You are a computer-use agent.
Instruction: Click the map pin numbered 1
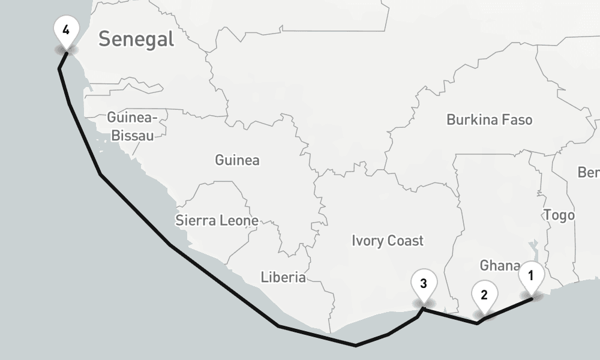[531, 276]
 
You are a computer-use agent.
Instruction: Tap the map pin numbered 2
[484, 294]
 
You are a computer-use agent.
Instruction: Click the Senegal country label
[136, 40]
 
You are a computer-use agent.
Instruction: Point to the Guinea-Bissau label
[133, 126]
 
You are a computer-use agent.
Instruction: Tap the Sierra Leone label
[217, 220]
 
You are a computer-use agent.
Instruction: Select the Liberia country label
[283, 277]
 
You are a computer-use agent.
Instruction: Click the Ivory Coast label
[388, 241]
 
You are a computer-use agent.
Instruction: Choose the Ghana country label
[499, 265]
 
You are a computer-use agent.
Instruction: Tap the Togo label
[559, 215]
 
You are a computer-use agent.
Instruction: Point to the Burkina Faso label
[489, 119]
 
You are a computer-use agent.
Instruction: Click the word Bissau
[133, 136]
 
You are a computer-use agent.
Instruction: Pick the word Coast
[406, 241]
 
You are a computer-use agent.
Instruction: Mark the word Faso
[517, 119]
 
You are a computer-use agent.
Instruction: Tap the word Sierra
[195, 220]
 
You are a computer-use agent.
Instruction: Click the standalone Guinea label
[237, 160]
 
